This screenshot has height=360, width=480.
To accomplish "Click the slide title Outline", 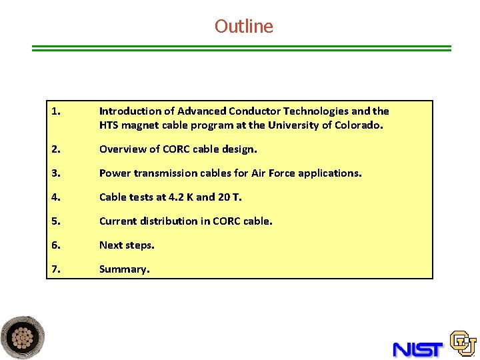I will coord(243,27).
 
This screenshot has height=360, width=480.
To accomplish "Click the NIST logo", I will coord(418,349).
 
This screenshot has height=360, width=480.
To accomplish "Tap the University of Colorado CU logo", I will coord(463,343).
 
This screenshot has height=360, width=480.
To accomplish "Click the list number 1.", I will coord(55,111).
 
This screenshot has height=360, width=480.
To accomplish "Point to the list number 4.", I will coord(55,197).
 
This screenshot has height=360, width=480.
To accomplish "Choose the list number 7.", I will coord(55,269).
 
